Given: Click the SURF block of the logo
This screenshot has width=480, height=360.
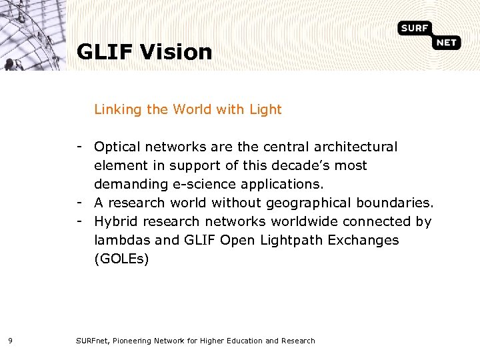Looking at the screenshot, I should (x=415, y=28).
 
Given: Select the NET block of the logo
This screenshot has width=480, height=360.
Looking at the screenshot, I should (x=446, y=43).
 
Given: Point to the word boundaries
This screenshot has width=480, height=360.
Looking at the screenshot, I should (x=395, y=203).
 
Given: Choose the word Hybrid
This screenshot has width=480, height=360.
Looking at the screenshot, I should (x=115, y=221).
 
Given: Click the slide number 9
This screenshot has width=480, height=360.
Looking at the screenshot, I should (x=10, y=341).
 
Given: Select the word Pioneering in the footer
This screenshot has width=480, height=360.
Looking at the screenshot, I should (x=133, y=341).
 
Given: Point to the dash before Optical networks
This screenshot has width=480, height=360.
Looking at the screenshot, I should (x=79, y=146).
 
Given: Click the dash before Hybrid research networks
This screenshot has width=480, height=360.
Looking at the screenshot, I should (x=79, y=221).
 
